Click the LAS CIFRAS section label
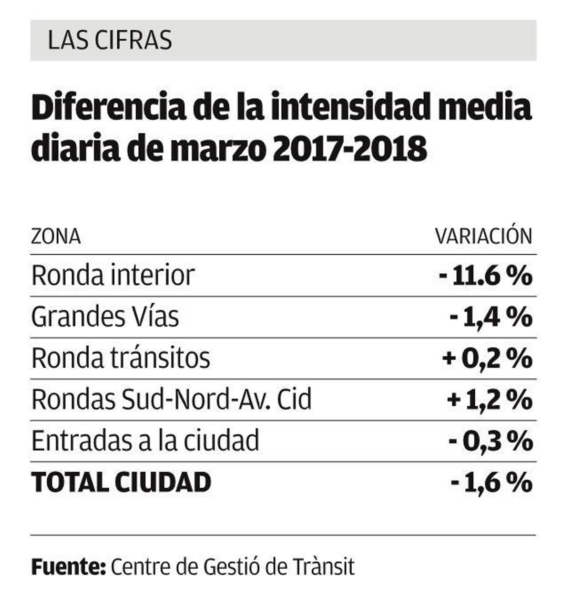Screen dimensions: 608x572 pyautogui.click(x=110, y=41)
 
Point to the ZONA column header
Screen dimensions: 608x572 pyautogui.click(x=56, y=237)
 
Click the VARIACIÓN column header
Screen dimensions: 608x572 pyautogui.click(x=483, y=236)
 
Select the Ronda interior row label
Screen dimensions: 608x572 pyautogui.click(x=113, y=276)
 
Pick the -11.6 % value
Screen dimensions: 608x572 pyautogui.click(x=485, y=276)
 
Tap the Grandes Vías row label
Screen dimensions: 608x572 pyautogui.click(x=105, y=317)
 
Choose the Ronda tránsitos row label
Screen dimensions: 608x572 pyautogui.click(x=121, y=358)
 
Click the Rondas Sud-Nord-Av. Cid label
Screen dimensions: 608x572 pyautogui.click(x=171, y=400)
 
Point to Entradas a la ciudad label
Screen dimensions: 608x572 pyautogui.click(x=145, y=441)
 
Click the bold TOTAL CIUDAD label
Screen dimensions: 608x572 pyautogui.click(x=121, y=482)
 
